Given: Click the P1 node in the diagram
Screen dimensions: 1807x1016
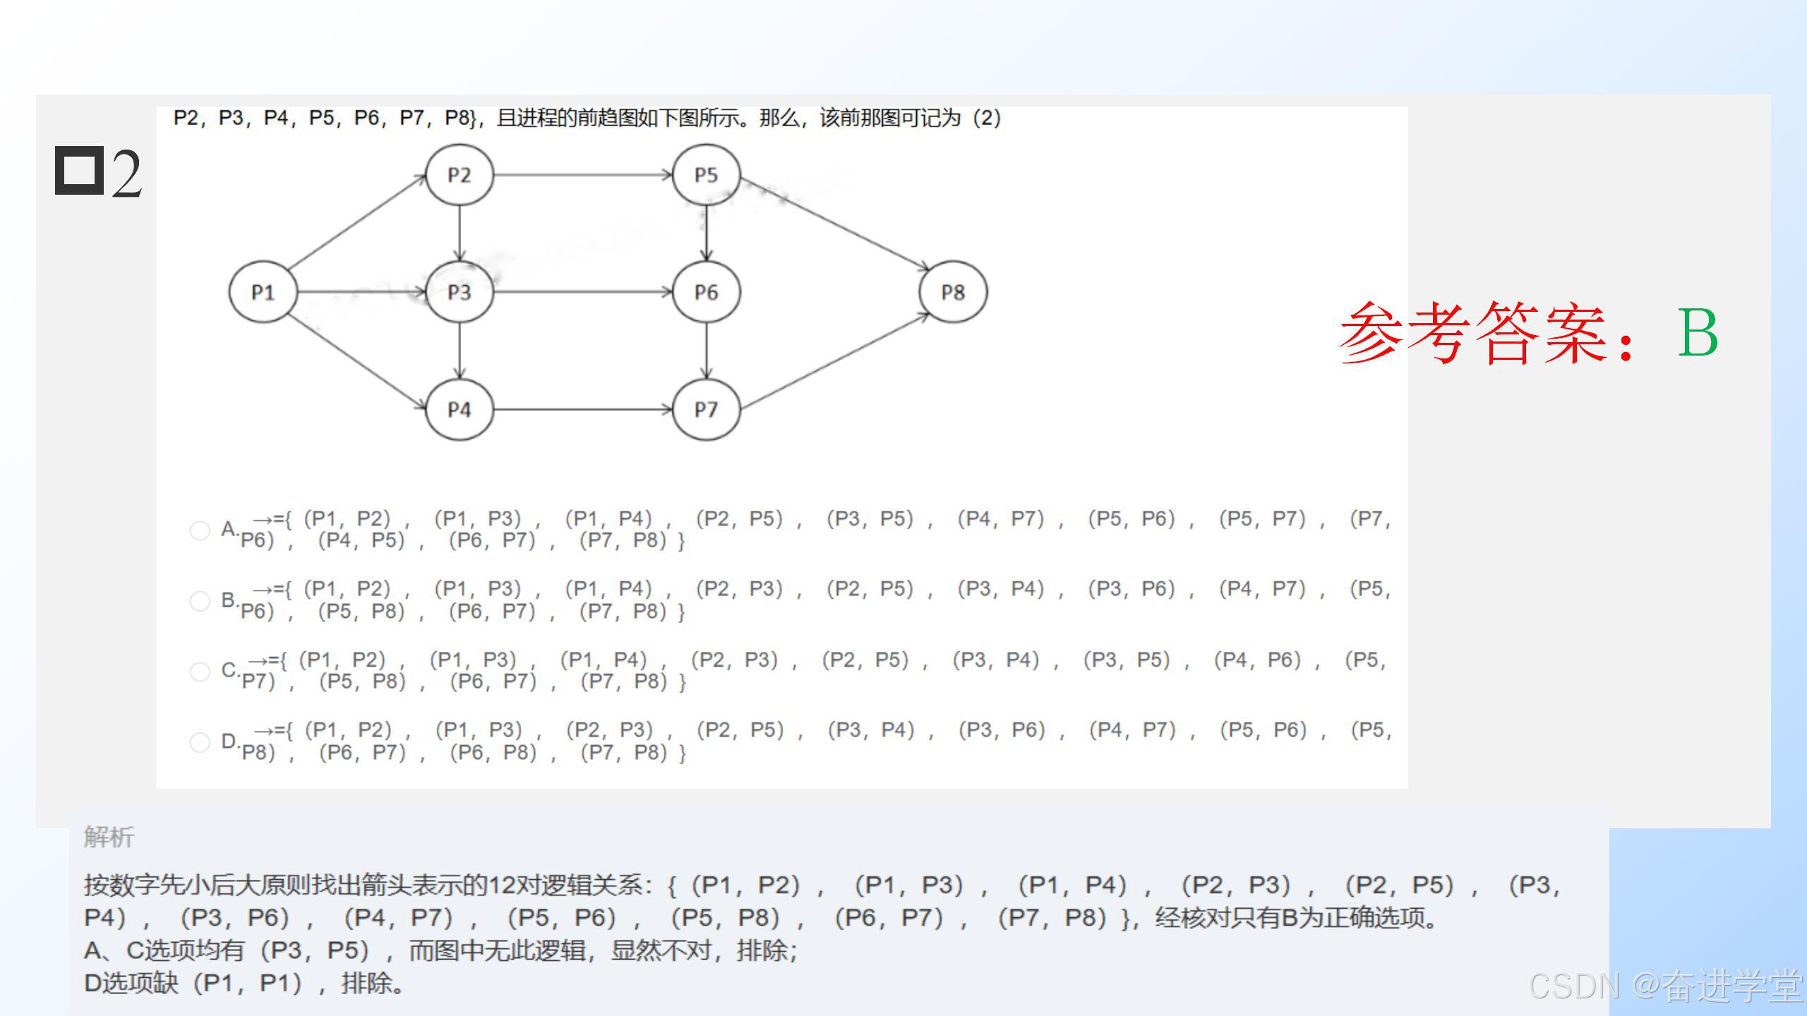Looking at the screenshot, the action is [263, 292].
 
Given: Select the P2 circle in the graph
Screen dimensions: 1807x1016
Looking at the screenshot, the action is [459, 175].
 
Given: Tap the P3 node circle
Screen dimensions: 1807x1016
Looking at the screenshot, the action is [459, 292].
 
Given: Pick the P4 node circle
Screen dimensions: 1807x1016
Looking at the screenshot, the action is [459, 409].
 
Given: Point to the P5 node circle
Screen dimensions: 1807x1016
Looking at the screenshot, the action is [706, 175].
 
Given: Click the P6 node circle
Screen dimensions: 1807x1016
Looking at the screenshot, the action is [706, 292].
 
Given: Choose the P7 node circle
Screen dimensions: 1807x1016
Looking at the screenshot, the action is [706, 409].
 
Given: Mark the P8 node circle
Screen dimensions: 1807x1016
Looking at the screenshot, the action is [953, 292].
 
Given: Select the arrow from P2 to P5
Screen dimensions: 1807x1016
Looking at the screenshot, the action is [582, 175].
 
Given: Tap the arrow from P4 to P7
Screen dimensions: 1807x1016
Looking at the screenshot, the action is [582, 409].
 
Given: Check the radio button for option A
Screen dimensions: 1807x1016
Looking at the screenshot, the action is [200, 531].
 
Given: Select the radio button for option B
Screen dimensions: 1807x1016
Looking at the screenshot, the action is [200, 601].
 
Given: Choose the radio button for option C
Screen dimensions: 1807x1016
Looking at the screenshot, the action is [200, 672].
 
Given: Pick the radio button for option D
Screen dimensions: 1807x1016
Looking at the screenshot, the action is [200, 742].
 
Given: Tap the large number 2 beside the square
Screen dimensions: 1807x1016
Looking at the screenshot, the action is [126, 174].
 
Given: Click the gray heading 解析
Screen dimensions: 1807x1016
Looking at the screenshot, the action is [109, 837].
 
